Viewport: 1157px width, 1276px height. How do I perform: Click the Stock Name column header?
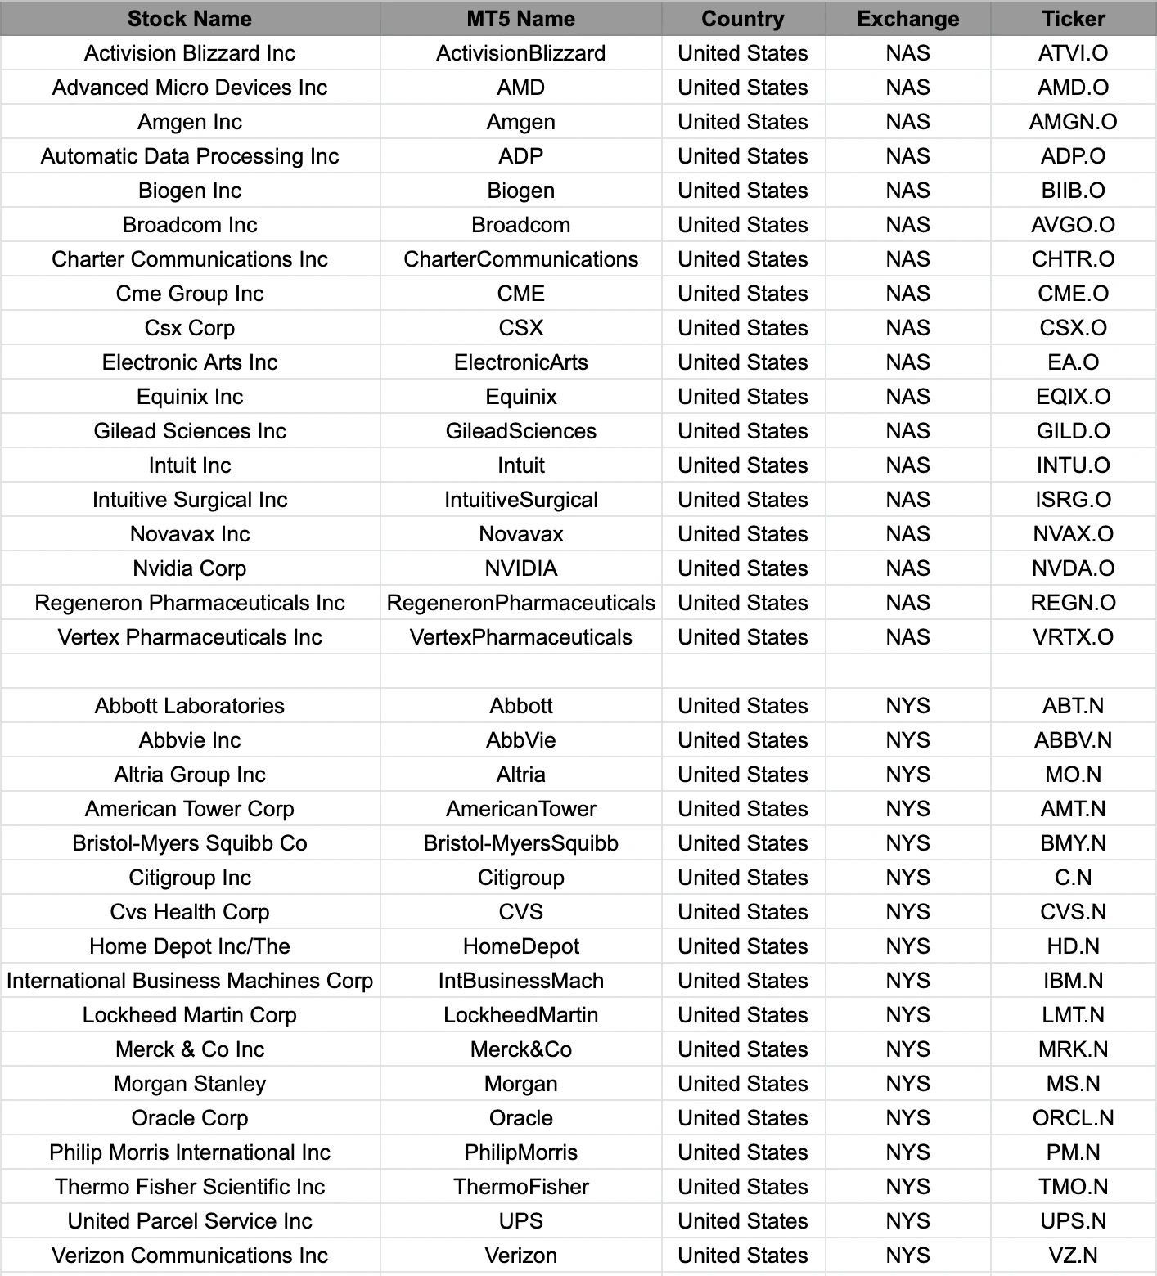point(190,19)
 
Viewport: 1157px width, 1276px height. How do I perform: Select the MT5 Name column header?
point(520,19)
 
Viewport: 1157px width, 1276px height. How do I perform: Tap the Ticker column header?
point(1073,19)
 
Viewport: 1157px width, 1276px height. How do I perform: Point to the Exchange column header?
point(907,19)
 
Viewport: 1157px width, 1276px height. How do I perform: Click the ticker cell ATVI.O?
point(1073,53)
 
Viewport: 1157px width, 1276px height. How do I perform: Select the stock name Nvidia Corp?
point(190,568)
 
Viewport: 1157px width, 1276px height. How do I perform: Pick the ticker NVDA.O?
point(1073,568)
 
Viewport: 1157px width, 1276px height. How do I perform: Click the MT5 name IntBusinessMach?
point(520,981)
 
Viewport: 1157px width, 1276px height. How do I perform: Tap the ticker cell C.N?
point(1073,878)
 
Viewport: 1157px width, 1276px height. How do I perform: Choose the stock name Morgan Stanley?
point(190,1084)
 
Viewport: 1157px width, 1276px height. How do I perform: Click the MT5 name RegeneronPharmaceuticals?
point(520,603)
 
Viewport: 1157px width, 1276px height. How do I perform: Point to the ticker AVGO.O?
point(1073,225)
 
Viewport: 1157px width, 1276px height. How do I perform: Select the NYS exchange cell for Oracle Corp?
point(907,1118)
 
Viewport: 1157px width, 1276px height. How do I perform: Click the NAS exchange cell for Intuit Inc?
point(907,465)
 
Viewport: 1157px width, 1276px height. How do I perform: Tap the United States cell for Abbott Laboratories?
point(742,706)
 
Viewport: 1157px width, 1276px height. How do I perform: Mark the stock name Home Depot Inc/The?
point(190,946)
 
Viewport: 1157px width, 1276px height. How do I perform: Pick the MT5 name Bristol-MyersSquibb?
point(520,843)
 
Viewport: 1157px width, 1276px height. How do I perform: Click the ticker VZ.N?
point(1073,1256)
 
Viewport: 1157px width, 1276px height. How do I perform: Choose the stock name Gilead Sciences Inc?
point(190,431)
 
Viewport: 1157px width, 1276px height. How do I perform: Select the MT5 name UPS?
point(520,1221)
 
